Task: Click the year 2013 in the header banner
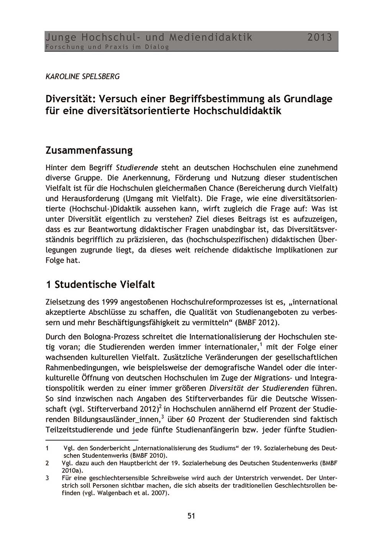(x=319, y=37)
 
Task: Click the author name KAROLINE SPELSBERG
(x=82, y=76)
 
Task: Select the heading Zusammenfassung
(x=89, y=150)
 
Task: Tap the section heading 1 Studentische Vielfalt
(x=100, y=284)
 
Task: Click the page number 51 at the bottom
(x=191, y=516)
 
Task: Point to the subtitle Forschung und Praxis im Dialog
(x=107, y=47)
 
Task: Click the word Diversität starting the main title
(x=70, y=99)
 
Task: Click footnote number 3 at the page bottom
(x=47, y=478)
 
